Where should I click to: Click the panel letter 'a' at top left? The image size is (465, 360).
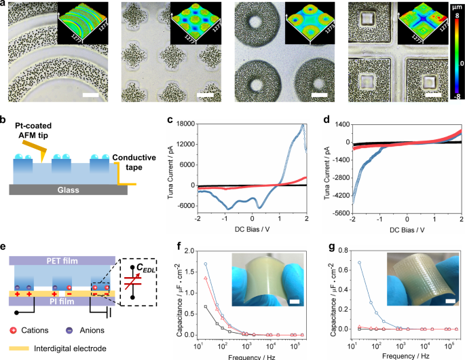click(4, 4)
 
